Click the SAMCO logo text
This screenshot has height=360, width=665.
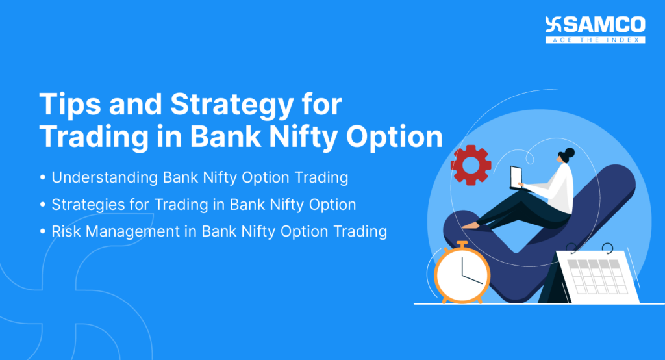[x=603, y=25]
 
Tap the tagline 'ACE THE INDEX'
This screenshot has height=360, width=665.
[x=596, y=40]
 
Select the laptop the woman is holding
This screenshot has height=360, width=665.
[x=516, y=177]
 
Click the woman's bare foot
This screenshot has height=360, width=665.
[x=470, y=225]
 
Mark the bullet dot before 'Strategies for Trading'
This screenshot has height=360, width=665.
[x=43, y=205]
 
